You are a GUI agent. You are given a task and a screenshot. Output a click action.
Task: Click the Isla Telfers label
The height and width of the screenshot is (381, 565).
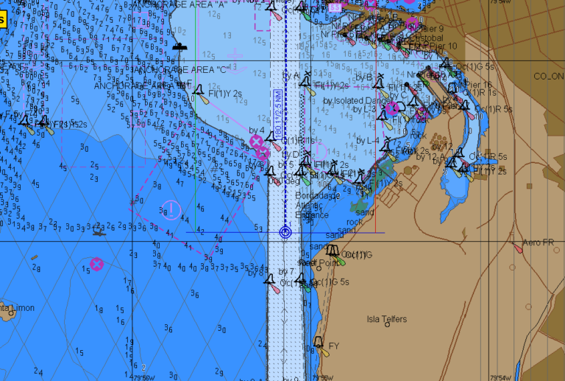(386, 319)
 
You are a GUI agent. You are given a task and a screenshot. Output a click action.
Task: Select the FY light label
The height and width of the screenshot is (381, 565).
(333, 346)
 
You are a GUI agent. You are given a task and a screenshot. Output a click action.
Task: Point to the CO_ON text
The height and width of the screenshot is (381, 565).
(548, 76)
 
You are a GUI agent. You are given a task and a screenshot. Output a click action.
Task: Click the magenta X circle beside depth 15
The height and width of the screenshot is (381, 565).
(96, 264)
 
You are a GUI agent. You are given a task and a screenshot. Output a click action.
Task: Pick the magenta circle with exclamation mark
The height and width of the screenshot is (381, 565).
(170, 211)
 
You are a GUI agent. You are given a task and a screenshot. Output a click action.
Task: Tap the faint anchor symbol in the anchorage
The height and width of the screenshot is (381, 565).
(235, 55)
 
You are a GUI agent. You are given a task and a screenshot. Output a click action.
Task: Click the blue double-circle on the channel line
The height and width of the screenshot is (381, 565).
(286, 232)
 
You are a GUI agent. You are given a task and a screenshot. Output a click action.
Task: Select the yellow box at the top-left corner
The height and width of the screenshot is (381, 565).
(2, 20)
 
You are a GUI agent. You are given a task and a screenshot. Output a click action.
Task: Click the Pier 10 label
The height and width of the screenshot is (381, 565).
(442, 46)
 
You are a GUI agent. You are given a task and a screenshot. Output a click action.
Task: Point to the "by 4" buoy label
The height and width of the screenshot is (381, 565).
(256, 130)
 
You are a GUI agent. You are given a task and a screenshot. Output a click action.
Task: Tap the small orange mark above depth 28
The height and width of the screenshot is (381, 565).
(35, 257)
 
